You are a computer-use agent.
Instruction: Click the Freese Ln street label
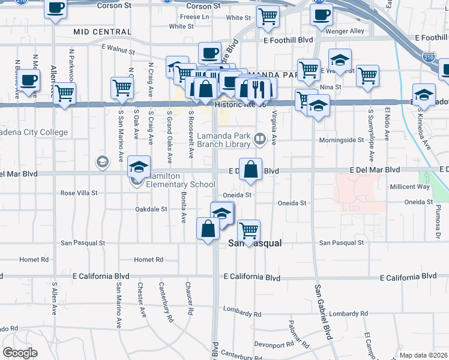coord(194,17)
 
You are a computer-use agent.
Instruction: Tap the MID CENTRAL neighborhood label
coord(101,31)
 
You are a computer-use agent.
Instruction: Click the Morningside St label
coord(344,140)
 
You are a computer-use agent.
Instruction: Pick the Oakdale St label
coord(151,209)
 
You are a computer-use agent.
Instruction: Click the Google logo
coord(19,353)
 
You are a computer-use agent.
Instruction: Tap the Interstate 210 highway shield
coord(428,58)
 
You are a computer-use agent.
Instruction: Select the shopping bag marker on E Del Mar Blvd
coord(251,168)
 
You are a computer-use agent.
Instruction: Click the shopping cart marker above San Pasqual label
coord(248,230)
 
